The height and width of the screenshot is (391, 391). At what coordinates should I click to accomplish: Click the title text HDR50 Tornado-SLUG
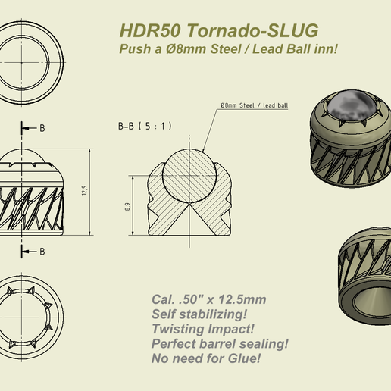218,30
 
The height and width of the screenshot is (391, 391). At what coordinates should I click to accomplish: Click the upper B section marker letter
42,128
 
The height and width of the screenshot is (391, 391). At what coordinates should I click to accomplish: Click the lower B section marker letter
42,251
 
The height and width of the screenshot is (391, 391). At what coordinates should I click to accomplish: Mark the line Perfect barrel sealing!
220,343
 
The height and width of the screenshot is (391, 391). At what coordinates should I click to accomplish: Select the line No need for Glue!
205,357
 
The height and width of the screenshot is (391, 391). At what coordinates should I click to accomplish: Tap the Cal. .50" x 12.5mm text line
208,299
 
